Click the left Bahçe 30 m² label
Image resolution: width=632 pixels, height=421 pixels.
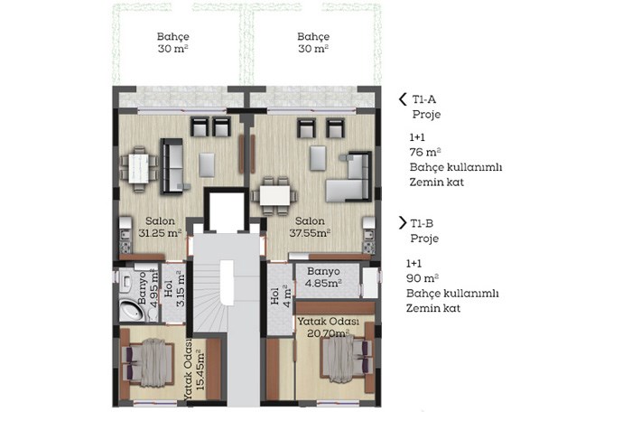coord(173,42)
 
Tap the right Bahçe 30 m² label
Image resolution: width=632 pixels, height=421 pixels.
coord(313,42)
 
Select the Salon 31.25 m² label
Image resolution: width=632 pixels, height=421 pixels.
coord(160,227)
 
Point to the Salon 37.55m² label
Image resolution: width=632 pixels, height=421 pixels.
coord(310,227)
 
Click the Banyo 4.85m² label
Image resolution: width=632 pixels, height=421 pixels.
coord(323,277)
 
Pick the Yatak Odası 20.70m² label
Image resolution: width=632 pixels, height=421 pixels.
coord(328,327)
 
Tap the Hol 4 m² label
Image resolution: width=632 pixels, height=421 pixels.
coord(281,296)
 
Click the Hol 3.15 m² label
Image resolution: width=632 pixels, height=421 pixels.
coord(174,289)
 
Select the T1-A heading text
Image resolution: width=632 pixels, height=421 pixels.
coord(424,99)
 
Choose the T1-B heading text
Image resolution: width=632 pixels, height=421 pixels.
coord(422,223)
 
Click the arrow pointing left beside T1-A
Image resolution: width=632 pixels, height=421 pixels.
coord(403,99)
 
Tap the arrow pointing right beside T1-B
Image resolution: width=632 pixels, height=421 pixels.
coord(403,222)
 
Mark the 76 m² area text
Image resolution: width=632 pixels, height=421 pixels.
coord(425,152)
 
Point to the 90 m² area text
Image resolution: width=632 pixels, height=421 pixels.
coord(423,278)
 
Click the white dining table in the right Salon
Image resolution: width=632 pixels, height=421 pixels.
coord(274,195)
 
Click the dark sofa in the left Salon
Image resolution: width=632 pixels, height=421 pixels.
coord(172,166)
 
